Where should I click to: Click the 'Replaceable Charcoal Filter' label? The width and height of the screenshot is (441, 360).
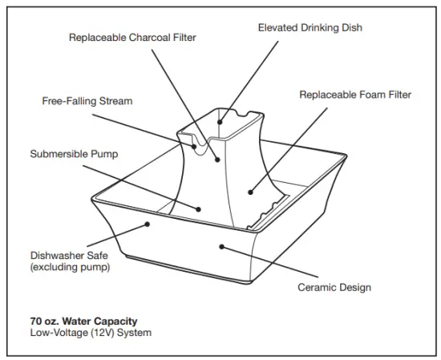click(132, 37)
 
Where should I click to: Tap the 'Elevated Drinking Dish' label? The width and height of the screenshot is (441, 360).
click(310, 27)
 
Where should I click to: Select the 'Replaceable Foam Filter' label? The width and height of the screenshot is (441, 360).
click(355, 95)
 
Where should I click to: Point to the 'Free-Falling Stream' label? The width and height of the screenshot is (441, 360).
click(87, 102)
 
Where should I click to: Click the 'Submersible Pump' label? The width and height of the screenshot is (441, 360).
click(74, 153)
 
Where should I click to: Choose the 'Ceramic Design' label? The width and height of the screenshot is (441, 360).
click(334, 288)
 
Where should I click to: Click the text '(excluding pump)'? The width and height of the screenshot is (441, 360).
click(70, 267)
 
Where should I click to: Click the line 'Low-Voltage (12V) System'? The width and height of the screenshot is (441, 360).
click(90, 333)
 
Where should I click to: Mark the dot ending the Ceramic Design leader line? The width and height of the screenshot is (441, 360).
click(222, 248)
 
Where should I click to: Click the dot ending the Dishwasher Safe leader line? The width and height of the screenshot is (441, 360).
click(148, 225)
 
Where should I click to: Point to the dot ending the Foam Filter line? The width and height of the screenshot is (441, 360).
click(250, 192)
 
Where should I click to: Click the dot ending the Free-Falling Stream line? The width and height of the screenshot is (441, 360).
click(193, 147)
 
